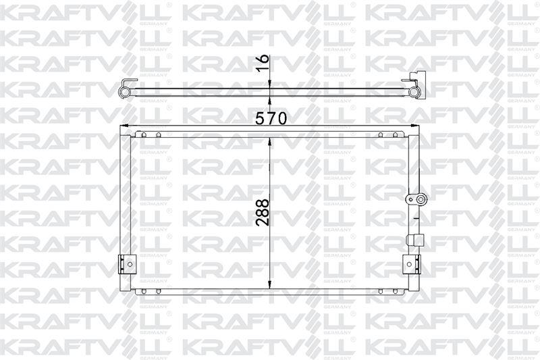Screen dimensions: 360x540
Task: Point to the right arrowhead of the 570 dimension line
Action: [x=415, y=126]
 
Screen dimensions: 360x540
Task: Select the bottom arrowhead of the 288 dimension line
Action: [x=270, y=283]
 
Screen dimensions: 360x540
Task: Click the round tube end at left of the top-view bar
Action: [x=124, y=91]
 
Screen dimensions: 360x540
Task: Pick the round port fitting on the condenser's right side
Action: [x=416, y=199]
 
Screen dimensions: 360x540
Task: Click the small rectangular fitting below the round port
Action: [x=414, y=239]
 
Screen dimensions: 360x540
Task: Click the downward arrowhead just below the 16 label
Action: [x=270, y=83]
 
